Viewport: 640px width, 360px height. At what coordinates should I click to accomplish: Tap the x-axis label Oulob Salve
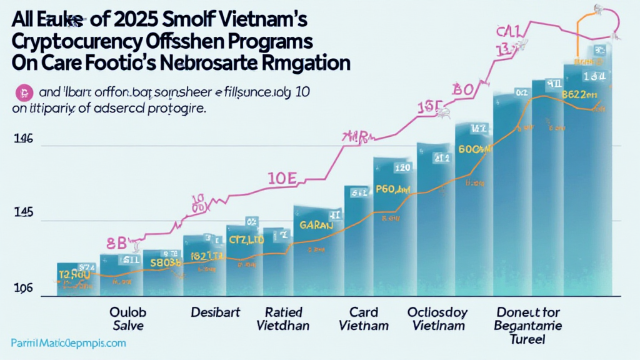pyautogui.click(x=126, y=318)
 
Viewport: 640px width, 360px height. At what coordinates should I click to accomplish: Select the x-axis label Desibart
pyautogui.click(x=212, y=311)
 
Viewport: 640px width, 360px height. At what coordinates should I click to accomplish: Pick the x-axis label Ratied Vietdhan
pyautogui.click(x=284, y=318)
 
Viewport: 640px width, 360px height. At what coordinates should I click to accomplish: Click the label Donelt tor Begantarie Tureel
pyautogui.click(x=527, y=325)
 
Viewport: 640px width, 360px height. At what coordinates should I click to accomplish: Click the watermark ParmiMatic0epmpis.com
pyautogui.click(x=68, y=343)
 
